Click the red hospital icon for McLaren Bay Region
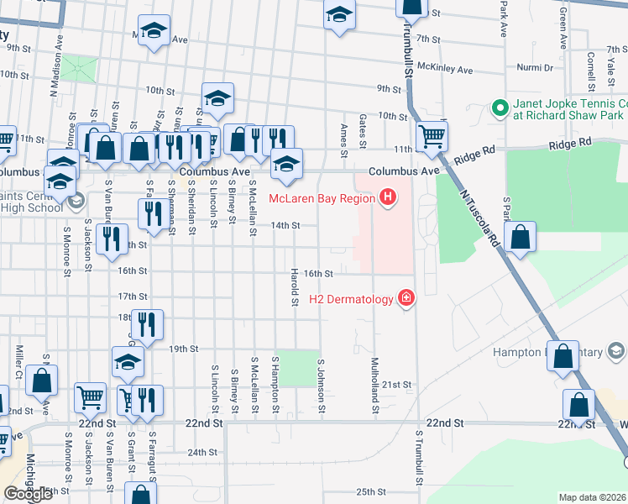[387, 198]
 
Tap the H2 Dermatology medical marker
[406, 299]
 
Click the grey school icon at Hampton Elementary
[615, 350]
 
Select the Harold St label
[295, 287]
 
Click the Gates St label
[363, 132]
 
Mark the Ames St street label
[343, 139]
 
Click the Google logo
[28, 494]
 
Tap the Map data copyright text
[593, 497]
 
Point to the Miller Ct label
[18, 360]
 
